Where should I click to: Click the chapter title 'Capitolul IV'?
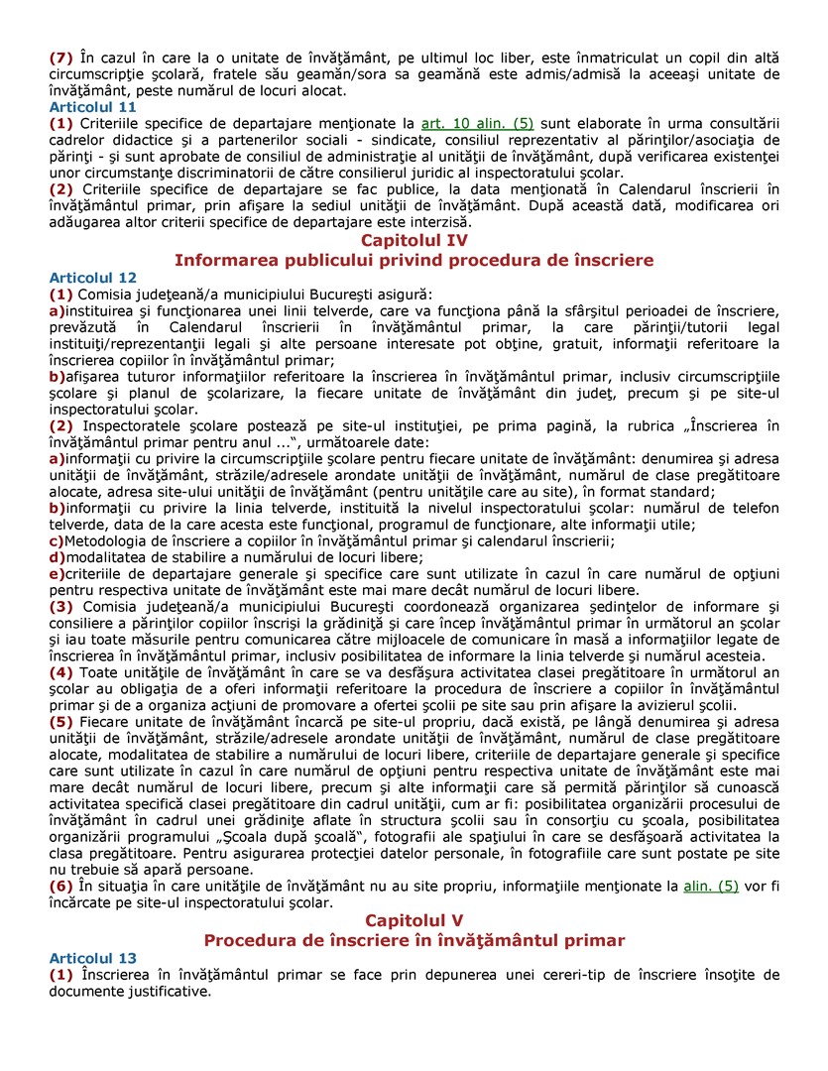tap(414, 241)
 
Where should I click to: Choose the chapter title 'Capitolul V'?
tap(414, 920)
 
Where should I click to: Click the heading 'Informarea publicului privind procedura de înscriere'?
tap(414, 260)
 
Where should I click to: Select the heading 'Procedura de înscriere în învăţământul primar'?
tap(414, 940)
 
